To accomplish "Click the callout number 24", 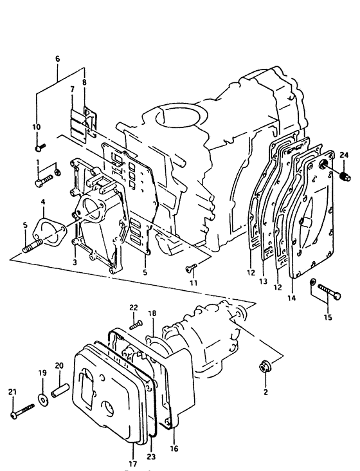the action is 344,155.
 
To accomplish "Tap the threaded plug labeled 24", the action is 346,176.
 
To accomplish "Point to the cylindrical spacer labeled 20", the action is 60,389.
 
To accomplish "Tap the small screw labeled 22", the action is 136,324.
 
